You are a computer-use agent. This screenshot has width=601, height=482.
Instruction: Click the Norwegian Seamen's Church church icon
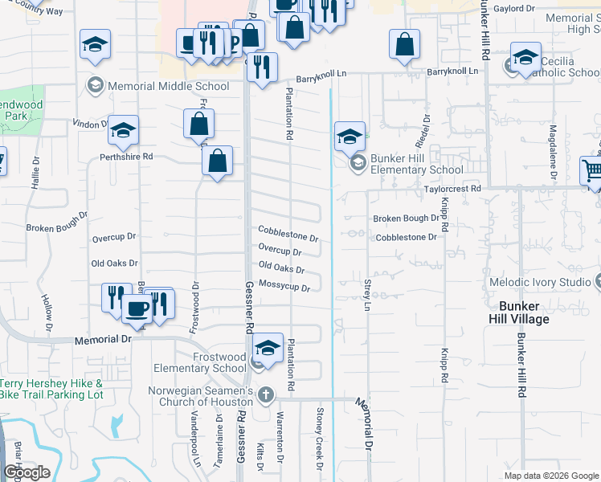[265, 394]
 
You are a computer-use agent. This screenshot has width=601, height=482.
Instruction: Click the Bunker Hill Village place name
[524, 313]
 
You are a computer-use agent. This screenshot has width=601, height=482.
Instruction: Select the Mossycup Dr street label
[284, 286]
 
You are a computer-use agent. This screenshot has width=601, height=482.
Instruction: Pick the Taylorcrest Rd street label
[452, 188]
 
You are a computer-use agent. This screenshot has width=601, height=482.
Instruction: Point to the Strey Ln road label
[366, 295]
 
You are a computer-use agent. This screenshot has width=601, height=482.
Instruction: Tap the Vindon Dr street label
[89, 125]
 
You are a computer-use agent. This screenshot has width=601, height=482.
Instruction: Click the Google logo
[27, 472]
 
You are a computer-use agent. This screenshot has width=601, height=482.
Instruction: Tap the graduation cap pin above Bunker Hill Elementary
[350, 136]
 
